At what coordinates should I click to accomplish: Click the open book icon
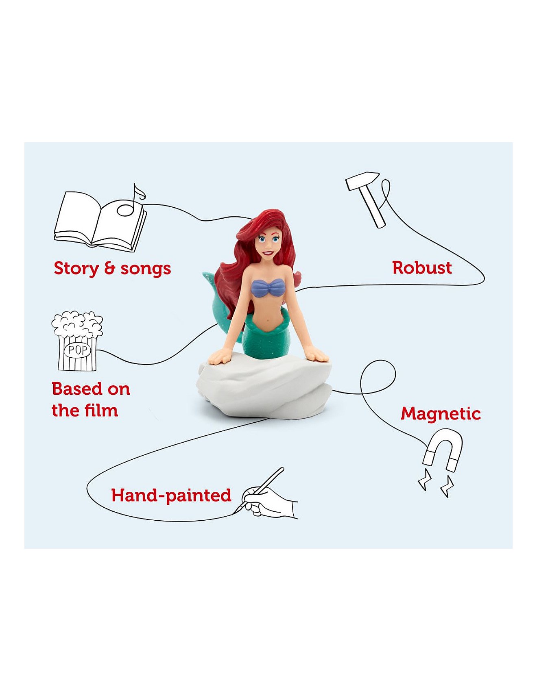pos(100,222)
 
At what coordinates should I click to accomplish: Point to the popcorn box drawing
pos(77,341)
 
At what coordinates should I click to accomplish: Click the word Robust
pos(422,267)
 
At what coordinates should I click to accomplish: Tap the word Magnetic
pos(441,414)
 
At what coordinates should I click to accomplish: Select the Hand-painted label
pos(171,495)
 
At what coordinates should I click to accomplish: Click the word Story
pos(76,269)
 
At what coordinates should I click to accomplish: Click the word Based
pos(77,389)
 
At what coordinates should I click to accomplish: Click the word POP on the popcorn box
pos(77,350)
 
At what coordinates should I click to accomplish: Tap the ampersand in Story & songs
pos(110,269)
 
